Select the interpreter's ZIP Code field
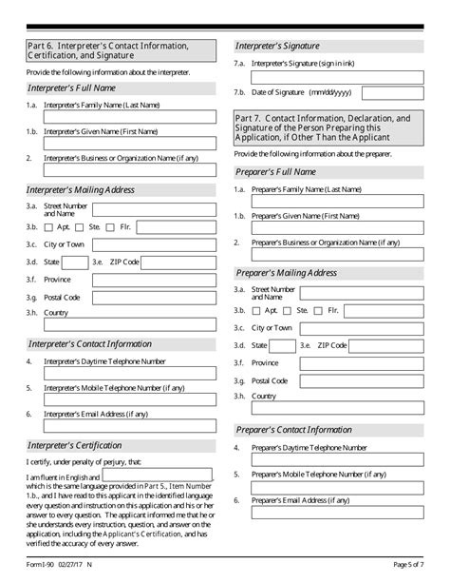[x=179, y=262]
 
